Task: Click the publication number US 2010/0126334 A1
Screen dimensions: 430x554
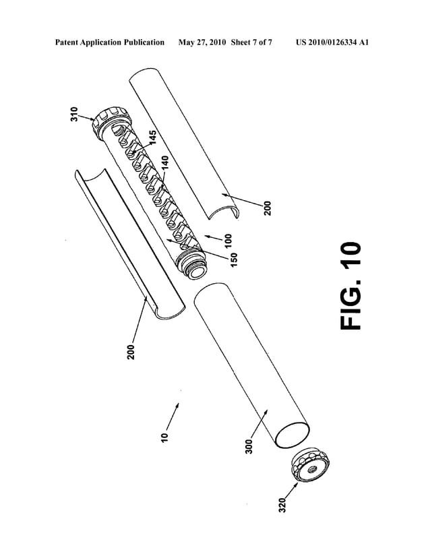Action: point(333,42)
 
